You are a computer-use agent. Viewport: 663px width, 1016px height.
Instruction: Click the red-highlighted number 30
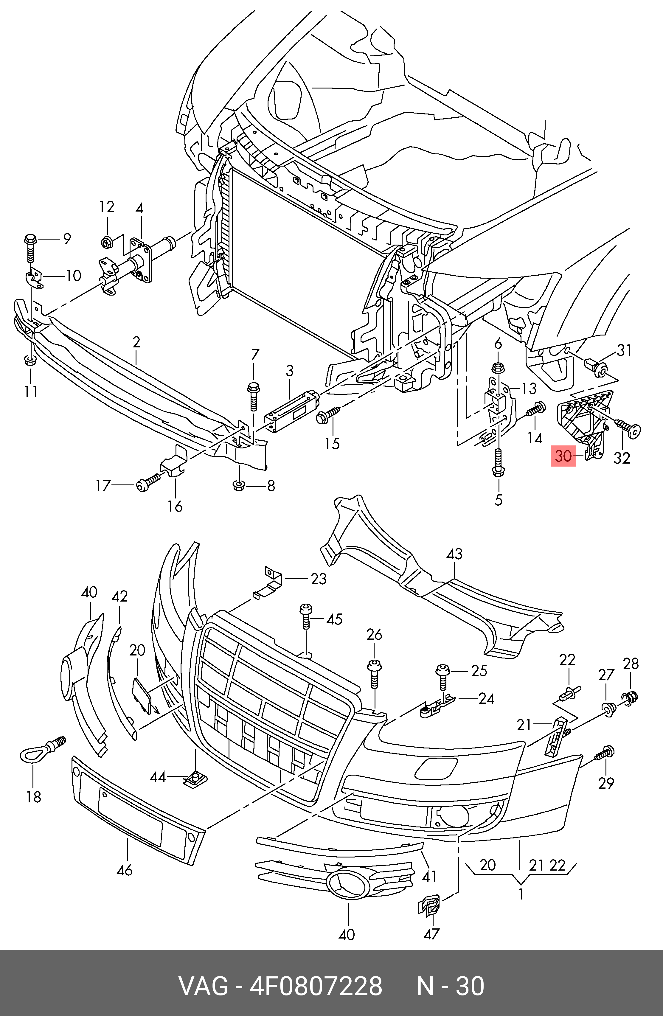563,456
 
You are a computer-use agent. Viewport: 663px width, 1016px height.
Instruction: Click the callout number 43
454,554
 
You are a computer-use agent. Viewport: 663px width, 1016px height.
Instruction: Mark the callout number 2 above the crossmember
136,342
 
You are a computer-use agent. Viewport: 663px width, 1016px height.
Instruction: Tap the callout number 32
622,458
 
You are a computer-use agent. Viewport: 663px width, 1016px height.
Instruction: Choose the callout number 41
429,876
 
